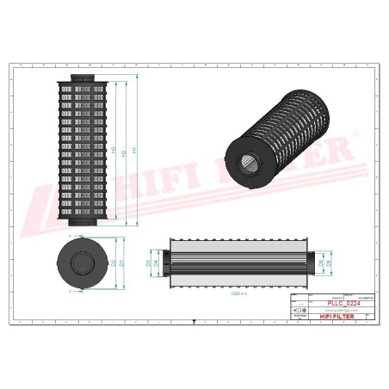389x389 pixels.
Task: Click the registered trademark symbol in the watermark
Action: point(351,134)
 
